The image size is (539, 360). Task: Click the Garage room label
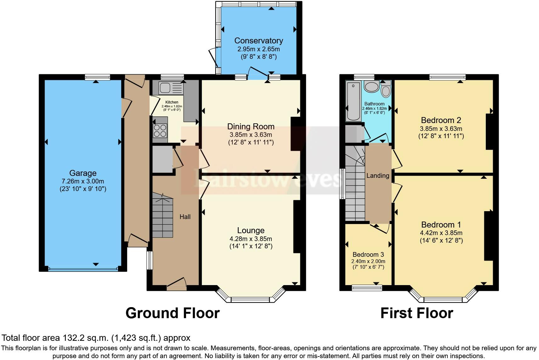(x=83, y=173)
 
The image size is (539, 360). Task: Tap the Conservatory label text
(x=258, y=41)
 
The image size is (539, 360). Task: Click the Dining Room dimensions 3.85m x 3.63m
(x=251, y=135)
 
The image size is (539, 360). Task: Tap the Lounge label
(x=251, y=230)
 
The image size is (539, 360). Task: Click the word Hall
(x=185, y=217)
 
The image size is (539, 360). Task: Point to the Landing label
(x=378, y=176)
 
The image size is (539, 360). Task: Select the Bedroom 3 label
(x=368, y=254)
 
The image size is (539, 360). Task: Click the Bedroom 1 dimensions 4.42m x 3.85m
(x=441, y=233)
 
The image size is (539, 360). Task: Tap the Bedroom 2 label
(x=441, y=120)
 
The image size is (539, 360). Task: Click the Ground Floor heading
(x=173, y=313)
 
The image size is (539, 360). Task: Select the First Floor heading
(x=417, y=313)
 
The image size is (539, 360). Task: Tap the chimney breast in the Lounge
(x=297, y=227)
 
